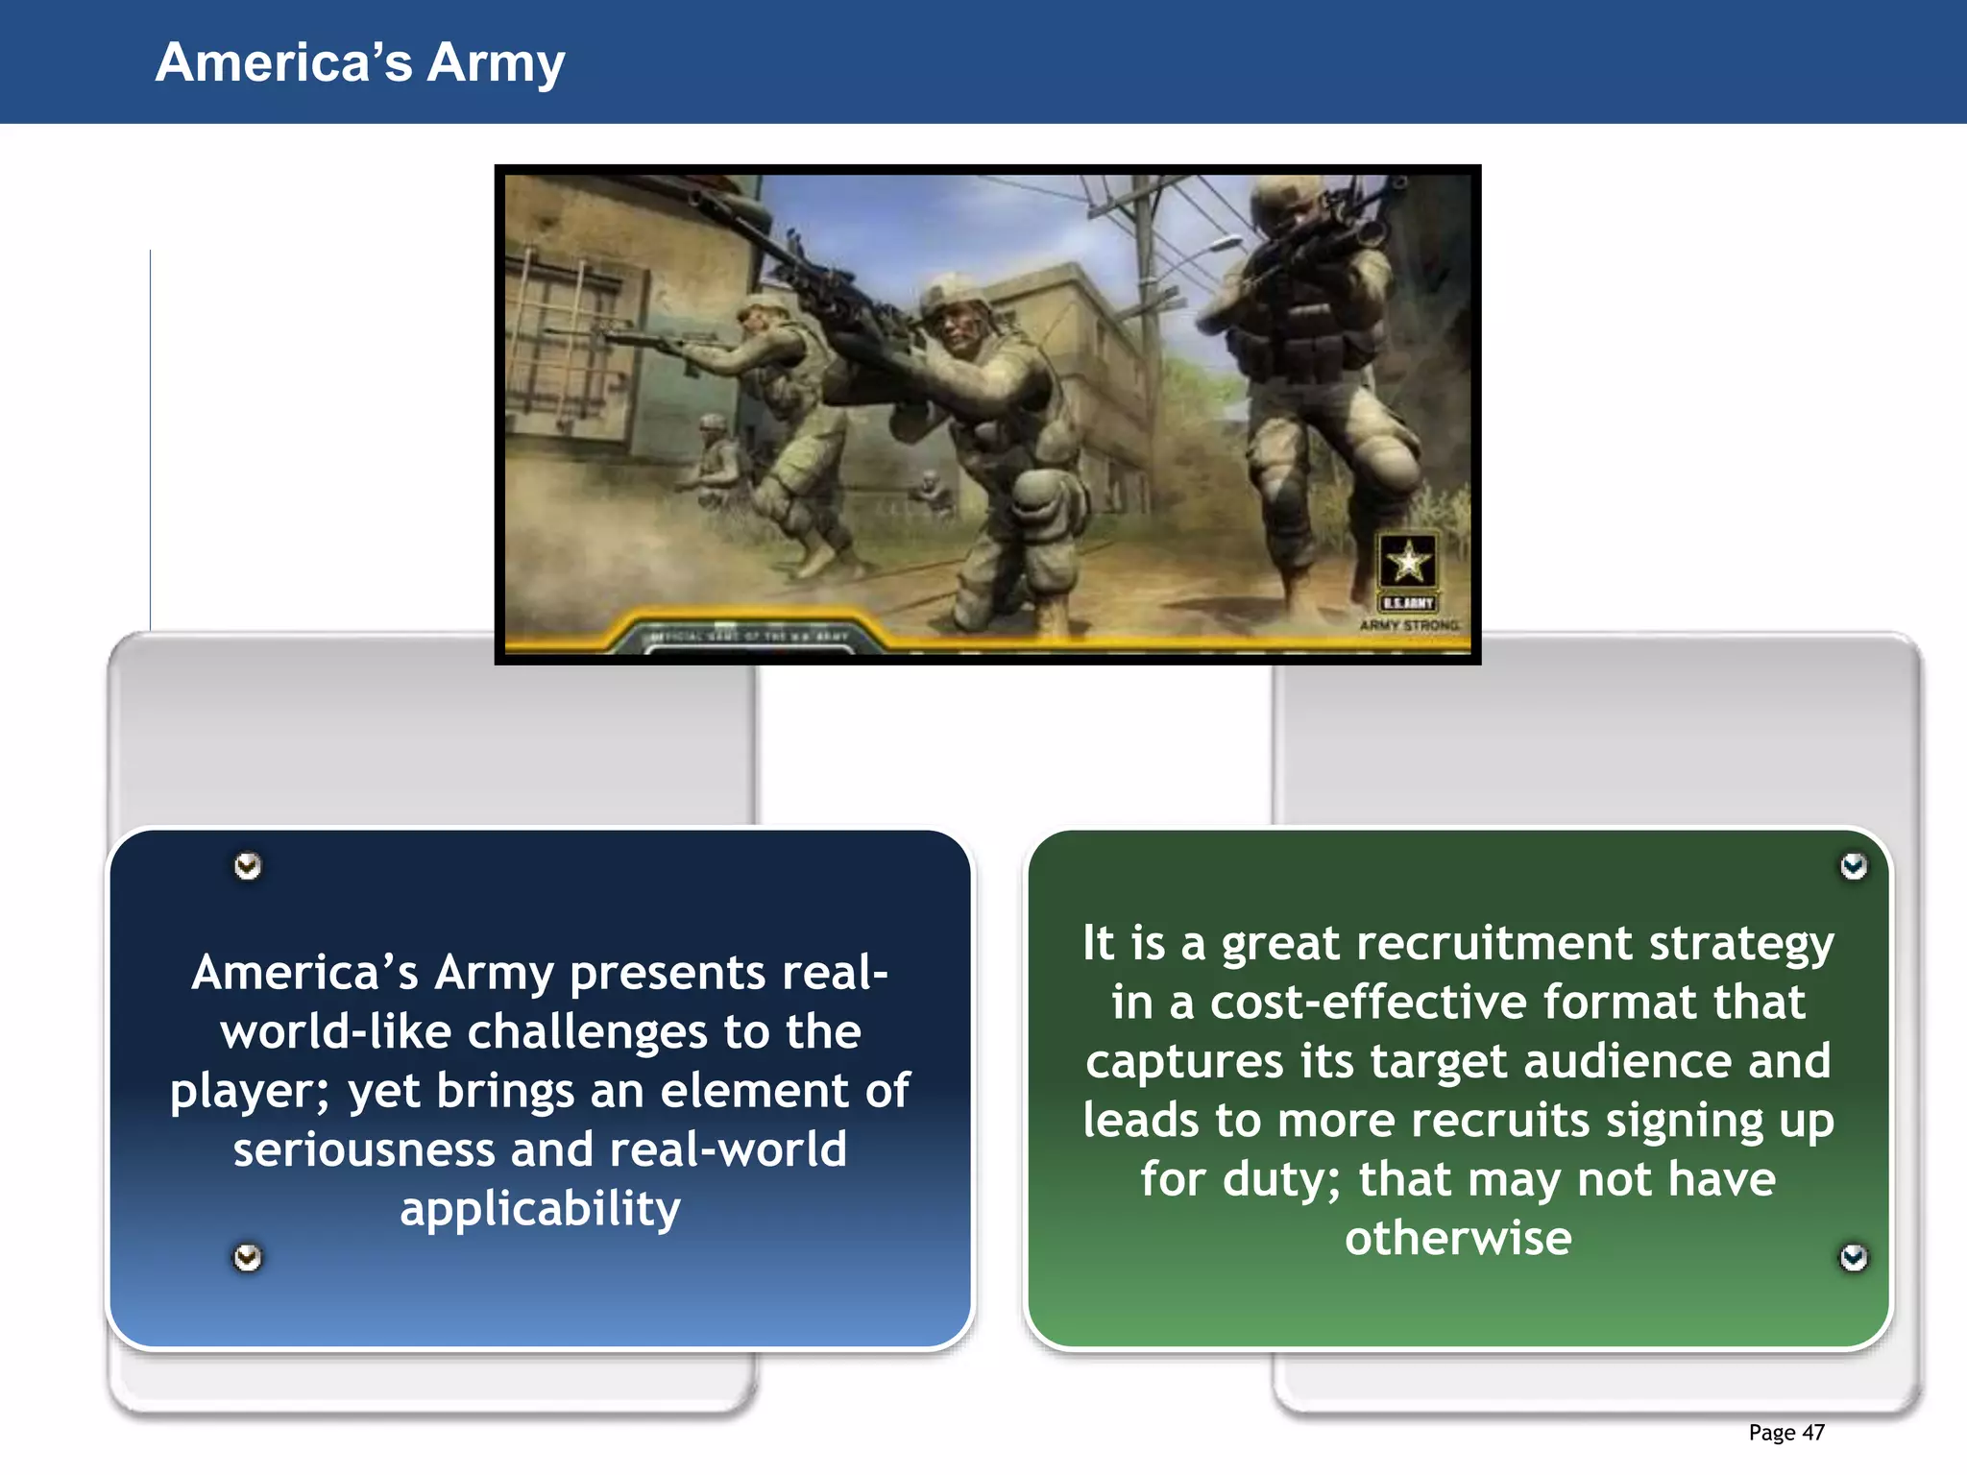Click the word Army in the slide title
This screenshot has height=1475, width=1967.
(x=496, y=63)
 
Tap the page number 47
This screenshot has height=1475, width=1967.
(x=1813, y=1433)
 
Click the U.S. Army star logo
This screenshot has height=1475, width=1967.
(x=1408, y=561)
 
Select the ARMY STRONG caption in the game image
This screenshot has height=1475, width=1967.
(x=1409, y=625)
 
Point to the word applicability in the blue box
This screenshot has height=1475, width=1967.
(x=540, y=1209)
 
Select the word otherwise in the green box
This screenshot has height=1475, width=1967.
(x=1458, y=1239)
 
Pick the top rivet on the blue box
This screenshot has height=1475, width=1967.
(x=248, y=866)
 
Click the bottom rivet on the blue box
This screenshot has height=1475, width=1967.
(x=248, y=1257)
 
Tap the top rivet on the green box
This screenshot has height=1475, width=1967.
(x=1854, y=866)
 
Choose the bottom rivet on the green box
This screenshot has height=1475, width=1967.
(x=1854, y=1257)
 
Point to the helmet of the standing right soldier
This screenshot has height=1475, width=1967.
(x=1287, y=202)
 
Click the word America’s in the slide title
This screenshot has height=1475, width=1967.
(x=283, y=63)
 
